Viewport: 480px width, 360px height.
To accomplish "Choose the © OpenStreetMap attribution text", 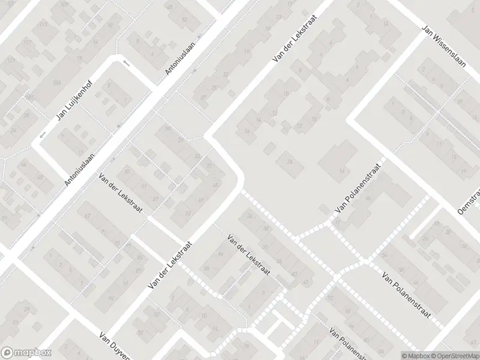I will [x=457, y=355].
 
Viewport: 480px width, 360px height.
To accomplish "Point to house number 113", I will [x=43, y=25].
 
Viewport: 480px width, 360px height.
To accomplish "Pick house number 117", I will [x=28, y=42].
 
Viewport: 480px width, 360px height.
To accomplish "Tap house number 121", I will [x=10, y=61].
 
